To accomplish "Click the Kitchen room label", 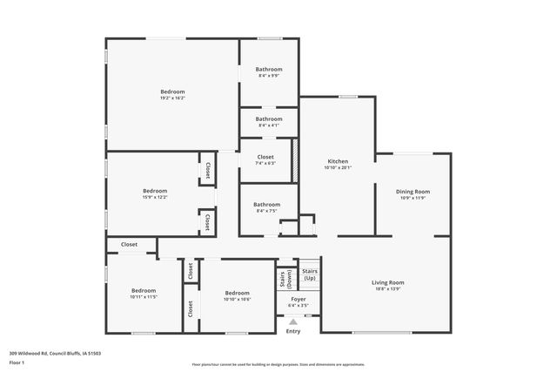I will click(x=338, y=161).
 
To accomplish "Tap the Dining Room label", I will click(x=413, y=191).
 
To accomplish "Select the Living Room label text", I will click(x=388, y=282).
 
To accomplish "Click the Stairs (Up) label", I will click(x=310, y=274).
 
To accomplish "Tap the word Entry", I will click(x=293, y=331).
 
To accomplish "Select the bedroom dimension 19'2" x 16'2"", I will click(x=172, y=98).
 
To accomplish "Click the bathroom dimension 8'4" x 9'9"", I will click(x=269, y=75).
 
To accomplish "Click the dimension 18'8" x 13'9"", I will click(x=388, y=288).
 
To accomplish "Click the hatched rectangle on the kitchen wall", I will click(x=295, y=160).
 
